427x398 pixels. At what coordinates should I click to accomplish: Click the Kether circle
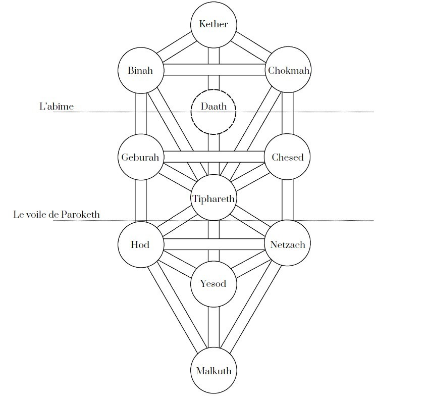213,24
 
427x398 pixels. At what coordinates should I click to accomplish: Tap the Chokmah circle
288,70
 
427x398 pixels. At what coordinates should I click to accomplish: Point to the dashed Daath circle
213,111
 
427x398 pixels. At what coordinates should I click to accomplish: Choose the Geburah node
140,157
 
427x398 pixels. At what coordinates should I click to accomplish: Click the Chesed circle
288,157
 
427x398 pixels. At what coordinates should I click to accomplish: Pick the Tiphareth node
213,198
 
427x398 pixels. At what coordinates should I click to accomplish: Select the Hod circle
140,244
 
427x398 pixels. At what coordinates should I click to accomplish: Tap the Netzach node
288,244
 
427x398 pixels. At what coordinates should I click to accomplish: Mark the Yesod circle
213,283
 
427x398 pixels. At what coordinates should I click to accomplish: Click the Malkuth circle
213,371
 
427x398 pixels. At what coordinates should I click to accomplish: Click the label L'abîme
57,107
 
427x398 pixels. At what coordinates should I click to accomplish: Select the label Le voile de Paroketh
57,215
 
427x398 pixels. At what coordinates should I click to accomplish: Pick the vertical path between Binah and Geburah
140,114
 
